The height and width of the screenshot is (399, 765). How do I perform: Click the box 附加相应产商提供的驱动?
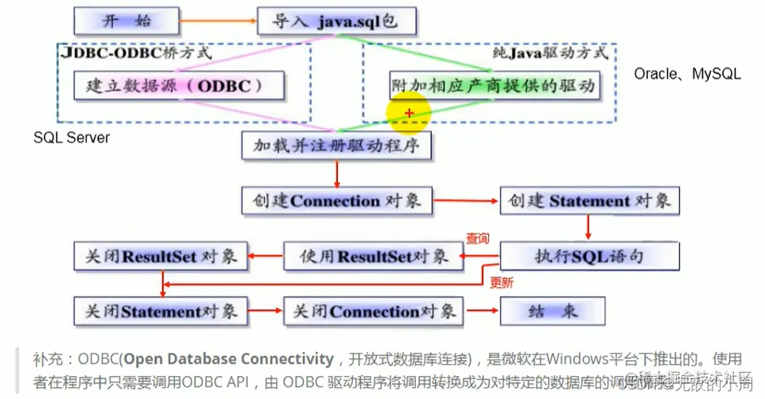(493, 84)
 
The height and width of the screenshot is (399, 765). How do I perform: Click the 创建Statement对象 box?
(589, 199)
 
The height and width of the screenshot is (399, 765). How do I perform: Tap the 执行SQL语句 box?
(589, 256)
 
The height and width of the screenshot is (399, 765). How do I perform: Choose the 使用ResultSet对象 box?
(374, 256)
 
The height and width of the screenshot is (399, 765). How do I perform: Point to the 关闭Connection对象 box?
(374, 311)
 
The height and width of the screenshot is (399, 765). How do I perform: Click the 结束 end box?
(552, 311)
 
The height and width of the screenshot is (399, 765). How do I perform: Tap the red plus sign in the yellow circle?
(409, 114)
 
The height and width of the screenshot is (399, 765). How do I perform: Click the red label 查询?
(477, 238)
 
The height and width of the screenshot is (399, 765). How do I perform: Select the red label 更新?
(501, 282)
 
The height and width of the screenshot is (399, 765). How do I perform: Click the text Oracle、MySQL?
(687, 74)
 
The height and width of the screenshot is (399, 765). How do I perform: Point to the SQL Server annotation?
(72, 138)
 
